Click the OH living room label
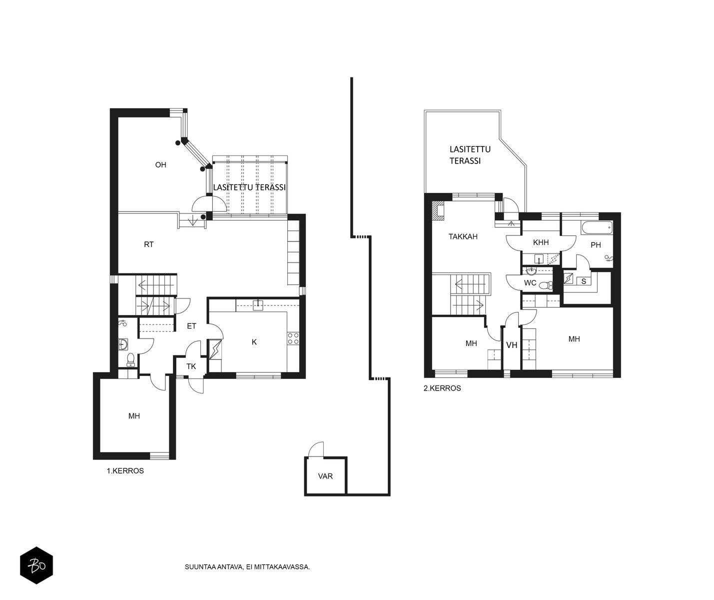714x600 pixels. point(161,165)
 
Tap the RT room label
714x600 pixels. point(149,244)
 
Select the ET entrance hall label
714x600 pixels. point(191,326)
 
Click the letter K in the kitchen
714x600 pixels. point(254,342)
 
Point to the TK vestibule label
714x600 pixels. point(191,366)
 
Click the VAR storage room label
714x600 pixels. point(325,476)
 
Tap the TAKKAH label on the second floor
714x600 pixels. point(463,236)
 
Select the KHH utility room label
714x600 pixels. point(541,242)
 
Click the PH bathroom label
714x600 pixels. point(596,245)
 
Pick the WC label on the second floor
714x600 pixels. point(530,283)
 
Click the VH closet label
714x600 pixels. point(512,345)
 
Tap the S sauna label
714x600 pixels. point(584,281)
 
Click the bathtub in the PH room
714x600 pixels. point(597,227)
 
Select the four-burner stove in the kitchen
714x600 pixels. point(293,338)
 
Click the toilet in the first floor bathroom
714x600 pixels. point(130,359)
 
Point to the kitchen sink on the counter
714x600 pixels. point(258,304)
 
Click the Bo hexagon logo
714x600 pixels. point(36,565)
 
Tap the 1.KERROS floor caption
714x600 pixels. point(125,471)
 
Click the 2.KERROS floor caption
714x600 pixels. point(442,388)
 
